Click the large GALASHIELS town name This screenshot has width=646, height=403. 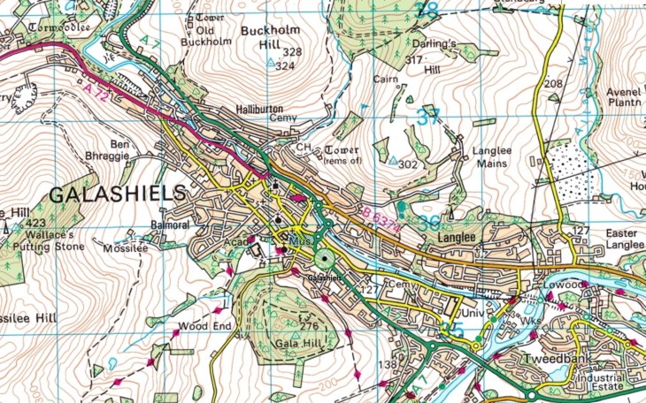(117, 194)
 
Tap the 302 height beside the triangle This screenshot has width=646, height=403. (408, 164)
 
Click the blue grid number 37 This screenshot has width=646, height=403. (428, 116)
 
